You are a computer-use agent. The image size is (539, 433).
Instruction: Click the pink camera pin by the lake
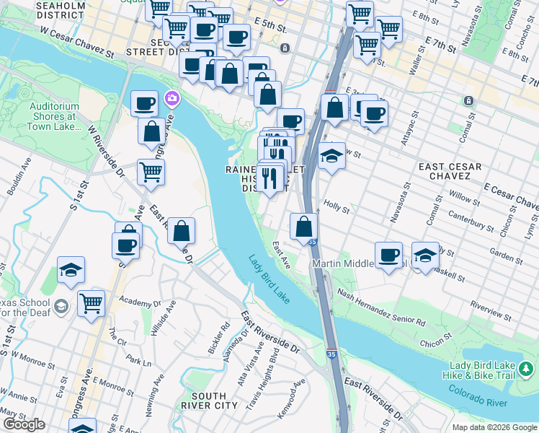tap(171, 97)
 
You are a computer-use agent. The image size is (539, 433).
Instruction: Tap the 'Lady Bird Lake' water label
tap(269, 279)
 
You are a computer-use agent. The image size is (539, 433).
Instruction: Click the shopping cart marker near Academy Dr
tap(91, 303)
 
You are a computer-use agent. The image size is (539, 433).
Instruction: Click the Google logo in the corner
tap(24, 424)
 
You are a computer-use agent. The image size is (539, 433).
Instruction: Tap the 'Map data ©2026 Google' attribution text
tap(494, 427)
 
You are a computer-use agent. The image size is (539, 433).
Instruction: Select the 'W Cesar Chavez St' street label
tap(77, 43)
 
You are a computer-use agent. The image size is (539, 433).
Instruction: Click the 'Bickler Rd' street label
tap(218, 337)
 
